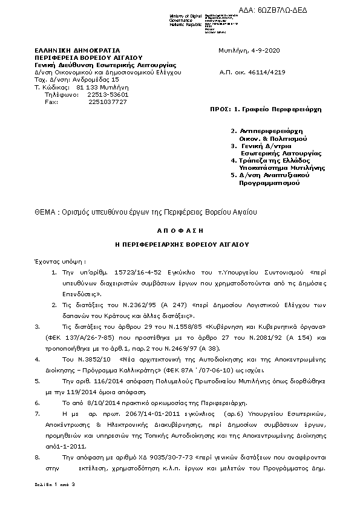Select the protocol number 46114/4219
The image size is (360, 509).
pos(269,72)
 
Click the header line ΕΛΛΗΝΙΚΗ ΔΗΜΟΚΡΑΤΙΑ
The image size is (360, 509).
pos(77,50)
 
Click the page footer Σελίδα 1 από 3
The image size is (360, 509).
pos(54,485)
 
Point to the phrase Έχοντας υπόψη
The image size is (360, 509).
pos(54,258)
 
